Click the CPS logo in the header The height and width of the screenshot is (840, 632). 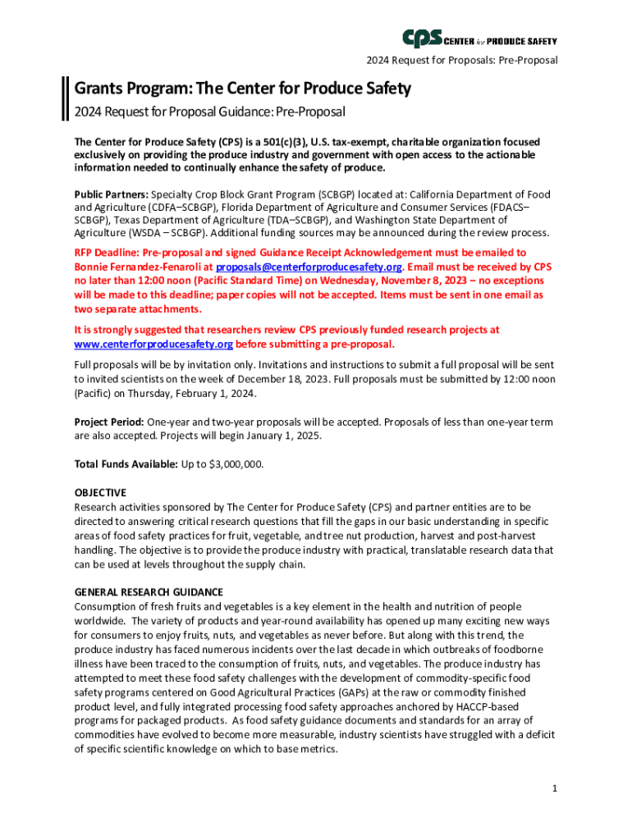[x=479, y=39]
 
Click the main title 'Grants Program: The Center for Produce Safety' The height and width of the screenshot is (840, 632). [x=243, y=88]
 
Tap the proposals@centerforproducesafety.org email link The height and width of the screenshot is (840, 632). [x=309, y=267]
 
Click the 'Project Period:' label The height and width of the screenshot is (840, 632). [x=110, y=422]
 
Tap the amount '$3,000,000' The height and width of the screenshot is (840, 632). [x=236, y=464]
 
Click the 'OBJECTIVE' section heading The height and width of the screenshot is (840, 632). [x=100, y=493]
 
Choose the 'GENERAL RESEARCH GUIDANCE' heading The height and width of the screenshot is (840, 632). [x=149, y=591]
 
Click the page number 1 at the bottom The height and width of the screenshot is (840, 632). [x=556, y=788]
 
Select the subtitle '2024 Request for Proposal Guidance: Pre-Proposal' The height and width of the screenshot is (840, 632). [x=209, y=112]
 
